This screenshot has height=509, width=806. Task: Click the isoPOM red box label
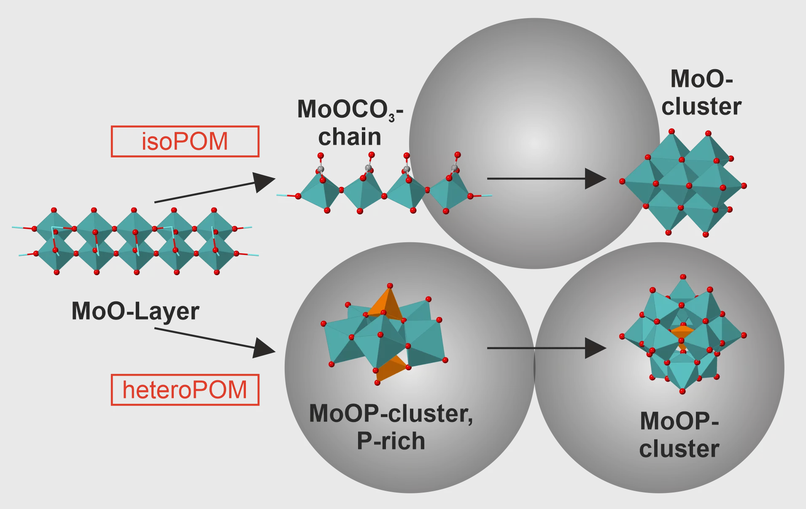pyautogui.click(x=185, y=141)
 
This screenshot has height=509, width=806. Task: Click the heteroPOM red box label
pyautogui.click(x=185, y=390)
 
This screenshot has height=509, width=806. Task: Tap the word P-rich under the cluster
pyautogui.click(x=391, y=441)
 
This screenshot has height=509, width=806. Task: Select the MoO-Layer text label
pyautogui.click(x=135, y=311)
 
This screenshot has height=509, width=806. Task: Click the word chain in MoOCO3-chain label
pyautogui.click(x=350, y=137)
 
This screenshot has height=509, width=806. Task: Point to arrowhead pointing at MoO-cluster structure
pyautogui.click(x=596, y=179)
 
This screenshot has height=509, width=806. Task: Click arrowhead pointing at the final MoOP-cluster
pyautogui.click(x=596, y=348)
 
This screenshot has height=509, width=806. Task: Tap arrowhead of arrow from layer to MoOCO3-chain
pyautogui.click(x=264, y=181)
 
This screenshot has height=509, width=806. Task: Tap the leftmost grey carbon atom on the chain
pyautogui.click(x=320, y=169)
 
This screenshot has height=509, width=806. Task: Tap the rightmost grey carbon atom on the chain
pyautogui.click(x=454, y=168)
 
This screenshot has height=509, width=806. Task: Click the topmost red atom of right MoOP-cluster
pyautogui.click(x=683, y=277)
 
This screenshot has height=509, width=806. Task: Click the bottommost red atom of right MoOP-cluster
pyautogui.click(x=682, y=391)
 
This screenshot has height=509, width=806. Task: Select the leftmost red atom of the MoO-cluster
pyautogui.click(x=622, y=181)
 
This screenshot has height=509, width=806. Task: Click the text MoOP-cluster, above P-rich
pyautogui.click(x=391, y=413)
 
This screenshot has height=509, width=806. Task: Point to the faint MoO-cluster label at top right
pyautogui.click(x=701, y=92)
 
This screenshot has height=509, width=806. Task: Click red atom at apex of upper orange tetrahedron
pyautogui.click(x=390, y=286)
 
